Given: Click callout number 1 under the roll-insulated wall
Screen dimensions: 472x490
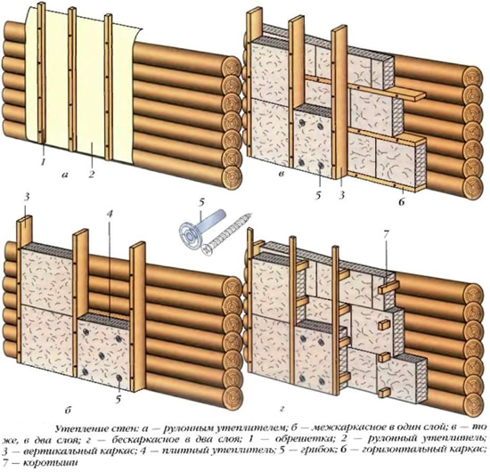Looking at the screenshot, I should point(41,162).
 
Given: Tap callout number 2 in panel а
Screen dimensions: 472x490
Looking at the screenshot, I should point(91,164).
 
